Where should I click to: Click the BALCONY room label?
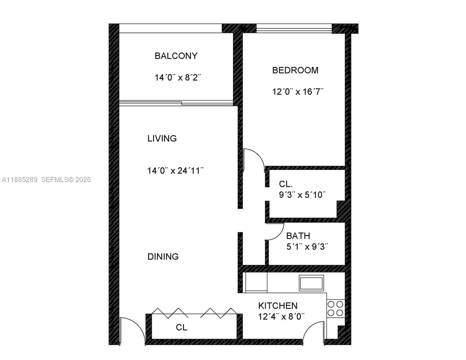[176, 56]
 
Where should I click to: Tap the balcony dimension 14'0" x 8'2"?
[177, 78]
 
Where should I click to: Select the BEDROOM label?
[295, 70]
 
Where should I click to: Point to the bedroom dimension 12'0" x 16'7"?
[298, 91]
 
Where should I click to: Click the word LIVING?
[162, 138]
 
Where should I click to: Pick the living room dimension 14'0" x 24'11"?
[175, 171]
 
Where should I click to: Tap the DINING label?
[163, 256]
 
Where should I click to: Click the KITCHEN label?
[278, 306]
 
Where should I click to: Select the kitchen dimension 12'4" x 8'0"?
[281, 316]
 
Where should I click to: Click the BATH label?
[298, 236]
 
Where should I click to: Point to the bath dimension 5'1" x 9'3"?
[307, 247]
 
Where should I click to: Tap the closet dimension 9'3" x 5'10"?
[302, 195]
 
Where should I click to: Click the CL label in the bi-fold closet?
[182, 327]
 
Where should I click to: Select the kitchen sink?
[311, 283]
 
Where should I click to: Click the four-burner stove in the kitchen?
[335, 308]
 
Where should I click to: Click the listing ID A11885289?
[20, 180]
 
